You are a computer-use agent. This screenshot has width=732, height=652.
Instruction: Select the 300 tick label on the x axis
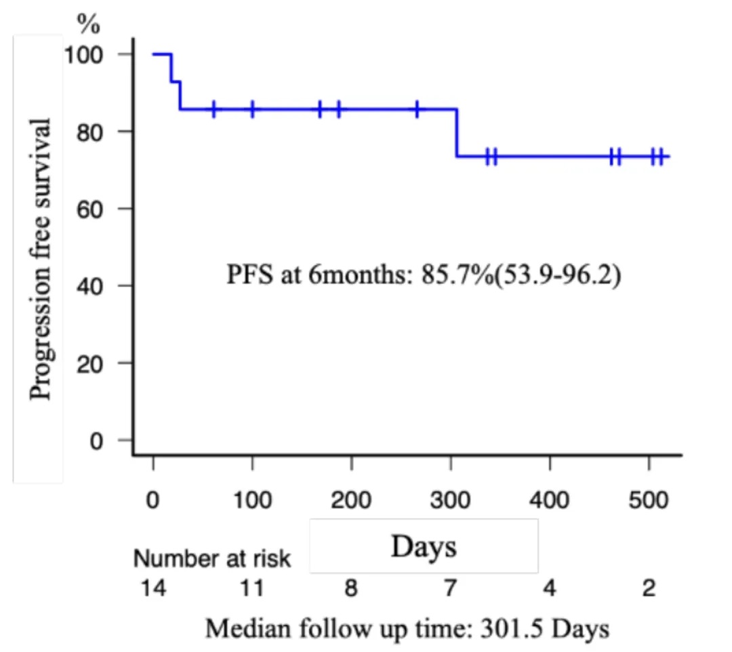click(x=450, y=501)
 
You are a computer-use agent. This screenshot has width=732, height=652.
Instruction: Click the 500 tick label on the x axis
click(x=649, y=501)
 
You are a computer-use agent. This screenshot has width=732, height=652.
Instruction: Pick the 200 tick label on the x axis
click(x=351, y=501)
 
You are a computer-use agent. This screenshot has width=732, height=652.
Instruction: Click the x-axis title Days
click(x=424, y=546)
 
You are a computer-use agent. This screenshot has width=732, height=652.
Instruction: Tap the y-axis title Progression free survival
click(x=41, y=259)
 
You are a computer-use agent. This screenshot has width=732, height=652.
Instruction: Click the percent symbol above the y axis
click(x=87, y=24)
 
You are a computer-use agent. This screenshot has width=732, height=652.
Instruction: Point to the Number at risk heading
click(x=211, y=559)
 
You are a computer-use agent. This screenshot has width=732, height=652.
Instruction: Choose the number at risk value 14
click(x=153, y=589)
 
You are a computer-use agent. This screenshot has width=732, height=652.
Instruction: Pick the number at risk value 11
click(x=252, y=589)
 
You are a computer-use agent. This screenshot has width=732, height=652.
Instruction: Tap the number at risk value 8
click(x=350, y=589)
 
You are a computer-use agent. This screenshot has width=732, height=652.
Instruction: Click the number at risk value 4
click(x=550, y=589)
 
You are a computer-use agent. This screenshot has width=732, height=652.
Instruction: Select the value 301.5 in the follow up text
click(x=502, y=628)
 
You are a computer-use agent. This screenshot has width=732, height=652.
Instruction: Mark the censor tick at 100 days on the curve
click(x=252, y=109)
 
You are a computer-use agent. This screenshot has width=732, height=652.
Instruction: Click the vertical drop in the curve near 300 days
click(x=457, y=133)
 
